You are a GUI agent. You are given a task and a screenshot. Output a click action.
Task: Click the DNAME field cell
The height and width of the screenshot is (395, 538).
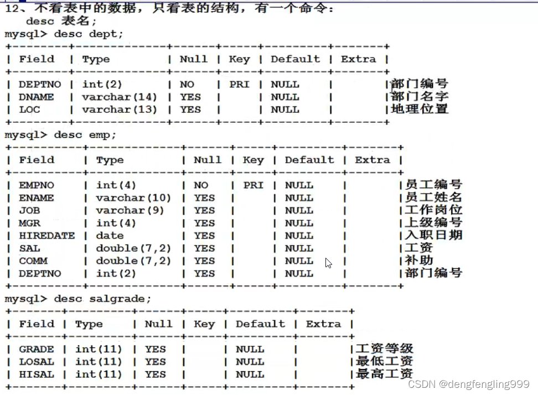36,97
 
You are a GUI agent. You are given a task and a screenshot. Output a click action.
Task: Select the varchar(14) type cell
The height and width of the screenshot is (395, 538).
120,97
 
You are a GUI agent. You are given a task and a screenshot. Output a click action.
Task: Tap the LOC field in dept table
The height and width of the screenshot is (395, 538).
29,110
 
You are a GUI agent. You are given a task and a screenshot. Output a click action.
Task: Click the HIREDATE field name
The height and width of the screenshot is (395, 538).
46,236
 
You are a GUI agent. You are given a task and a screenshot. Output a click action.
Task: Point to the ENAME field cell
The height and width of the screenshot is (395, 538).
36,198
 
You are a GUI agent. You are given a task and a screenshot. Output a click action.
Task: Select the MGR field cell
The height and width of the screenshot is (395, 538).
29,223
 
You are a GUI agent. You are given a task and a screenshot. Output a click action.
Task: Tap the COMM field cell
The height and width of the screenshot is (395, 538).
33,261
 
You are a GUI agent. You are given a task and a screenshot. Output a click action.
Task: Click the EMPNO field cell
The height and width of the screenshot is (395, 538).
36,185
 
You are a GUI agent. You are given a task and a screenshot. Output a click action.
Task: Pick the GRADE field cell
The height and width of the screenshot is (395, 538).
36,350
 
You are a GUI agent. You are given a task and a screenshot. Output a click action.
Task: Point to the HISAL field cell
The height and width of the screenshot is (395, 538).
36,375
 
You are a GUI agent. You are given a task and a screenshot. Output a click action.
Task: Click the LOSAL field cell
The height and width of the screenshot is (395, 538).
36,362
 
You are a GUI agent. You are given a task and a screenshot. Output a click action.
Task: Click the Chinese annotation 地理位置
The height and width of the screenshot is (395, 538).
419,109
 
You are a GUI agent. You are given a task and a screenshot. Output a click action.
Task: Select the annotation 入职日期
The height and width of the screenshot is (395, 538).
433,235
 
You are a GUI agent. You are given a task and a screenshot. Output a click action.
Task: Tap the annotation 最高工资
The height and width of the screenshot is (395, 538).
384,374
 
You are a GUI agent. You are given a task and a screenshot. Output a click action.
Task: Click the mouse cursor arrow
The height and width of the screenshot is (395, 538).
328,263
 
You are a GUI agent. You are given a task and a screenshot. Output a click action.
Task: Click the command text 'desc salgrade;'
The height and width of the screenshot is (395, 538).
102,299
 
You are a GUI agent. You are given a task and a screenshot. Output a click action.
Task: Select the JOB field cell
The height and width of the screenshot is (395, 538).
29,211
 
